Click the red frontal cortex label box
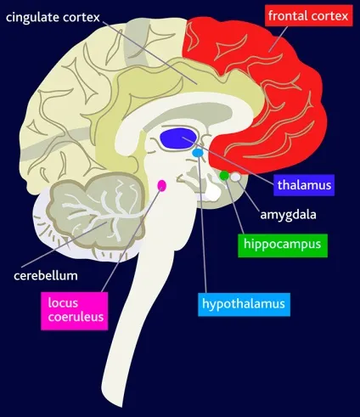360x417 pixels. [x=309, y=15]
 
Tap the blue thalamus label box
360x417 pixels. [x=304, y=185]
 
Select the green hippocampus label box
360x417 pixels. [x=283, y=245]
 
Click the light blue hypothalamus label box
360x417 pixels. [x=244, y=304]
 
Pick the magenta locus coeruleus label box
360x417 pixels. [x=75, y=311]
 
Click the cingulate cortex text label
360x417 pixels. [x=53, y=18]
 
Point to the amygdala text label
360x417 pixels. [x=288, y=214]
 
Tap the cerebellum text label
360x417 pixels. [x=46, y=275]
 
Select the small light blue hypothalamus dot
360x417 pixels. [x=198, y=153]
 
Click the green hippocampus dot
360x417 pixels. [x=224, y=176]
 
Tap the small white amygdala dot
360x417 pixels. [x=235, y=177]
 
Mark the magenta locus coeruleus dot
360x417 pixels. [x=161, y=185]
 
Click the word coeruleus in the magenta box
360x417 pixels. [x=76, y=317]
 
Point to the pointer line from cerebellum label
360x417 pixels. [x=64, y=245]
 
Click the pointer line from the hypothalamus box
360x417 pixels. [x=202, y=224]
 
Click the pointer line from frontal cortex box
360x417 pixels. [x=278, y=39]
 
